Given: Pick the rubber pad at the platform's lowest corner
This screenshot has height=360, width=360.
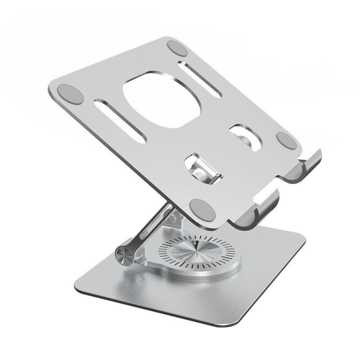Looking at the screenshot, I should [201, 208].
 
